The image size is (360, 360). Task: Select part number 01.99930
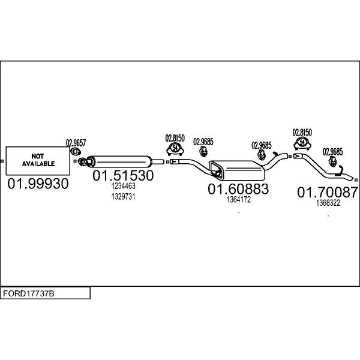pos(38,184)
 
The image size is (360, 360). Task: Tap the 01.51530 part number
pos(123,175)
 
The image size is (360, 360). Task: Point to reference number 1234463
pos(123,186)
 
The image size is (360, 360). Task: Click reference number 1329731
pos(123,197)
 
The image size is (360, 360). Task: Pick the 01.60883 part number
pos(238,189)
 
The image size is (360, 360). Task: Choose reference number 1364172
pos(239,200)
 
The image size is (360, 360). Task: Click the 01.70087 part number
pos(328,192)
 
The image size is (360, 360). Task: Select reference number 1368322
pos(328,203)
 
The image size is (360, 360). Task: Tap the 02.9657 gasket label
pos(76,143)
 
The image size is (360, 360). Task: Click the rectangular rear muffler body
pos(237,170)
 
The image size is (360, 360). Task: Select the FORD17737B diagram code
pos(29,293)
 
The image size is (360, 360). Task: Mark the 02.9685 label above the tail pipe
pos(332,152)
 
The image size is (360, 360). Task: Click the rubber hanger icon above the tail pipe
pos(332,161)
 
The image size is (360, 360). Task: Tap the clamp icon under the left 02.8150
pos(175,148)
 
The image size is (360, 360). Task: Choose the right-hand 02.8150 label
pos(302,133)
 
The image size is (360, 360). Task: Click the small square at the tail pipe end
pos(356,179)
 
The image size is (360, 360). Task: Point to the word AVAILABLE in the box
pos(38,164)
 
